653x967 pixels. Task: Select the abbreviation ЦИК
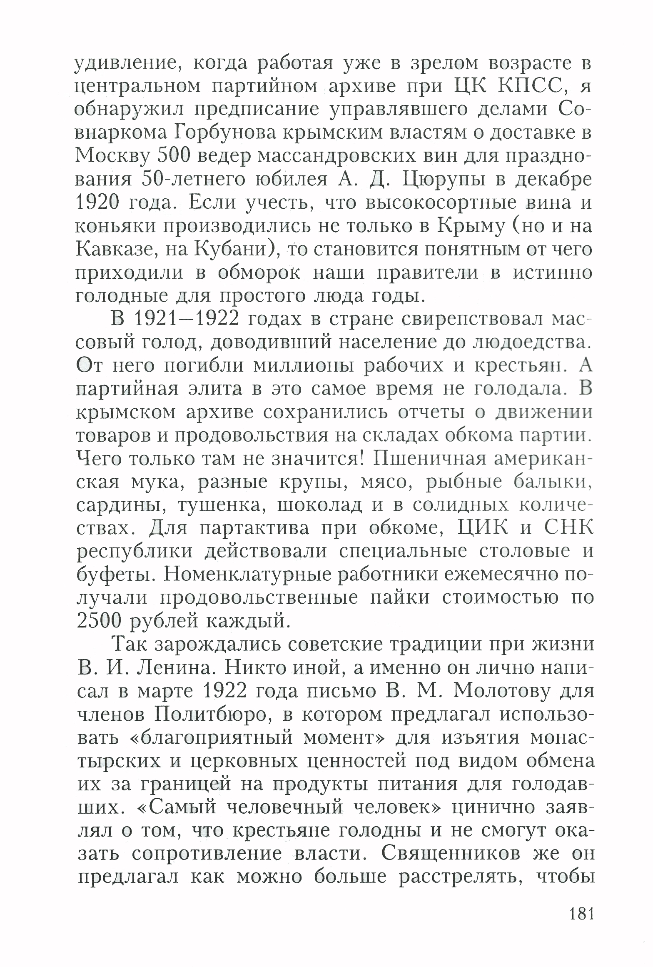483,528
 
